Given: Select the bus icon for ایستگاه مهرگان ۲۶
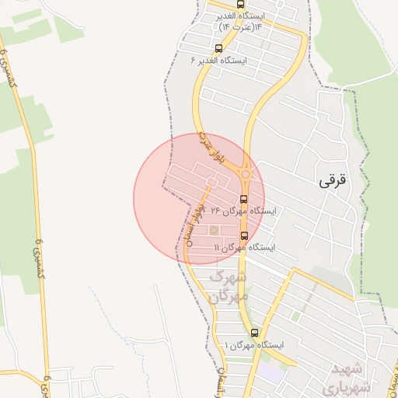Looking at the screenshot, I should pos(244,199).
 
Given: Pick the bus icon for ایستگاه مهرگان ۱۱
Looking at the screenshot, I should pos(244,236).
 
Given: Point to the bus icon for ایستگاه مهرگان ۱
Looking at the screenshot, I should pos(253,333).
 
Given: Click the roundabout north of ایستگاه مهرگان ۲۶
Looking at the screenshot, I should pos(246,174).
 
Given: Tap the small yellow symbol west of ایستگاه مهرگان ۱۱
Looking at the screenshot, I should pos(214,230).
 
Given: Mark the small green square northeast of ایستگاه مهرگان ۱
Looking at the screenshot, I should pos(295,316).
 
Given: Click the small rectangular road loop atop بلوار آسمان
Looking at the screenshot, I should pos(209,183).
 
